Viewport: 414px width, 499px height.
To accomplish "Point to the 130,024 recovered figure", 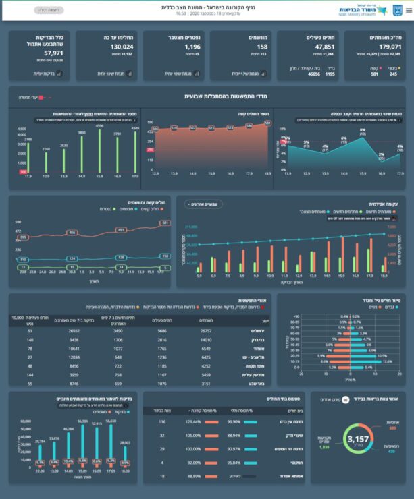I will click(x=122, y=47).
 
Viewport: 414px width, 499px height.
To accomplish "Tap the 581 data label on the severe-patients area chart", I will click(x=267, y=123).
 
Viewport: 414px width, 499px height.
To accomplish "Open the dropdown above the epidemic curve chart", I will click(x=204, y=203).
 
